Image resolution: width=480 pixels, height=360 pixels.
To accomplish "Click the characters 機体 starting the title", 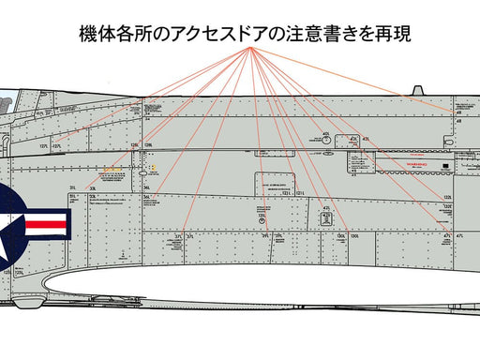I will [94, 35].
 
